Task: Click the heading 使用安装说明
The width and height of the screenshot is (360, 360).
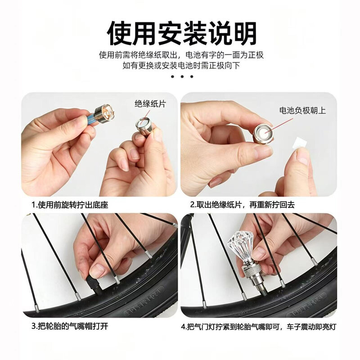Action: pos(182,33)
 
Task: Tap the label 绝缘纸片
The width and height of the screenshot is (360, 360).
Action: pos(150,104)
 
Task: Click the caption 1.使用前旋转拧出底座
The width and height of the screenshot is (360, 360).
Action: pos(70,205)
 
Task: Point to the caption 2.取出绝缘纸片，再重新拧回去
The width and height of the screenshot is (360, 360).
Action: pos(243,205)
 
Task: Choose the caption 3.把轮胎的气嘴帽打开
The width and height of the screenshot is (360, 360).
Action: pos(70,326)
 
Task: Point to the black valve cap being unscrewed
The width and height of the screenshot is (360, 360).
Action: pos(94,286)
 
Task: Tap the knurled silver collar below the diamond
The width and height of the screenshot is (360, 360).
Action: pos(252,270)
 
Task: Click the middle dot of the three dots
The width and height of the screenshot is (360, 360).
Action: pos(182,76)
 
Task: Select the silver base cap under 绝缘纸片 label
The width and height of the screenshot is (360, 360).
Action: pos(144,126)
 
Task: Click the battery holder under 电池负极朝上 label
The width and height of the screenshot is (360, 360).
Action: pos(263,134)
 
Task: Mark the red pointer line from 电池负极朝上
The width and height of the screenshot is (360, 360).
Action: pos(279,126)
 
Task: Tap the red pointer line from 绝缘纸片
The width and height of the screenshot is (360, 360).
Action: pos(146,114)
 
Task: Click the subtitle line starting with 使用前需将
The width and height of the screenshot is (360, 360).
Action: pos(181,55)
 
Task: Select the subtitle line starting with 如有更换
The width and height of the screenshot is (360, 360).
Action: pos(181,66)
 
